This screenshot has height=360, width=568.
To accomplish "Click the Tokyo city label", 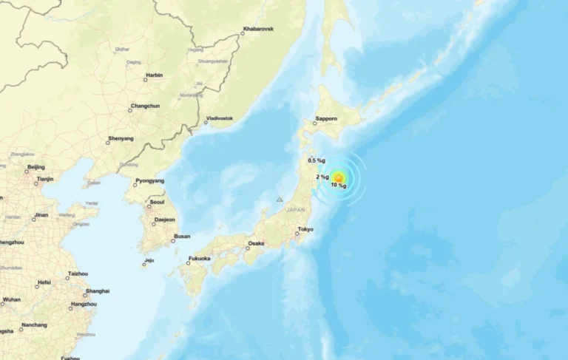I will coord(305,229).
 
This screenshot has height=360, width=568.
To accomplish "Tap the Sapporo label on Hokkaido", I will coord(326,118).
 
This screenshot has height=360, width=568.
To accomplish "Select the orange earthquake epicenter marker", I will coord(338,177).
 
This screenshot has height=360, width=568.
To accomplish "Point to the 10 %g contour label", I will coord(339,186).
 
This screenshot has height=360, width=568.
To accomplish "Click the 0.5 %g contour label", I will coord(317,160).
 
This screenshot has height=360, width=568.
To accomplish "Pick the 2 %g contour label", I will coord(322,177).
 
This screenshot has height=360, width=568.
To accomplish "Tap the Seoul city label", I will coord(157,202).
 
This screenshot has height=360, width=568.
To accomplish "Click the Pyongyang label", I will coord(150,181).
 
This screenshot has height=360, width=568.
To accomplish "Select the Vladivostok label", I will coord(219,118).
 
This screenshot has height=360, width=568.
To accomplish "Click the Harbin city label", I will coord(155,75).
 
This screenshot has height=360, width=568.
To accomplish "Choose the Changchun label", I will coord(144,106).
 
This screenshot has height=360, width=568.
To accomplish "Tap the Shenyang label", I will coord(121,138).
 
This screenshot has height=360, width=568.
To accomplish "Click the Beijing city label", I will coord(35,167).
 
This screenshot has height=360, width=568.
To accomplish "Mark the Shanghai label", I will coord(98,291).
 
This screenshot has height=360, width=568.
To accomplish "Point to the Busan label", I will coord(181,237).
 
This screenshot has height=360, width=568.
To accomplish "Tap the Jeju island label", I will coord(149,260).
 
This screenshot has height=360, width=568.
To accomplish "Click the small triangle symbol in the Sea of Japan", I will coord(280,200).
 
